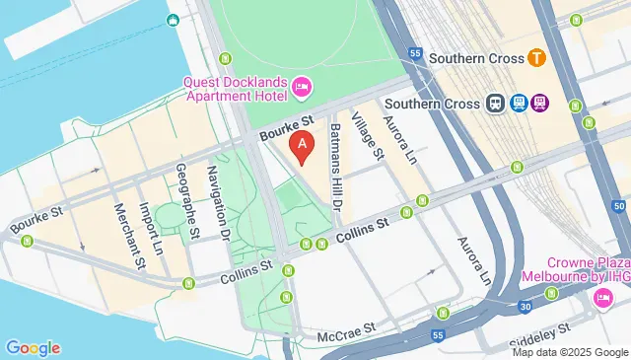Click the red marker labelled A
(305, 148)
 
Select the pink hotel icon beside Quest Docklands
(302, 88)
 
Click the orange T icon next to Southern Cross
(538, 58)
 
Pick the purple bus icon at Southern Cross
(539, 103)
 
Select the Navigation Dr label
(217, 203)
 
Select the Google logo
(33, 347)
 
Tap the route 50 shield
(618, 204)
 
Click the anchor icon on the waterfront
(174, 20)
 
